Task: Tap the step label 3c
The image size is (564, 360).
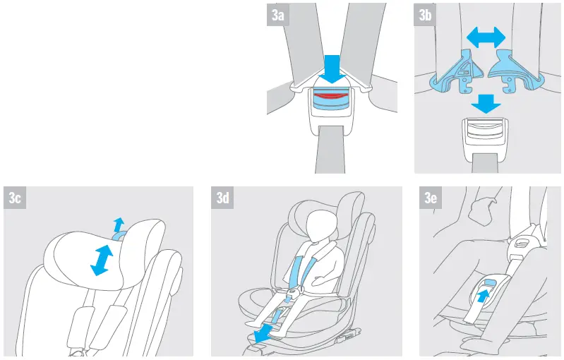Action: click(x=16, y=198)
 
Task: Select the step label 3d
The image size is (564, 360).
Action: click(x=223, y=198)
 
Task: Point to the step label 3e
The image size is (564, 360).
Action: click(x=431, y=198)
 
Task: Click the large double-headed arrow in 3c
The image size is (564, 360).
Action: click(x=103, y=259)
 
